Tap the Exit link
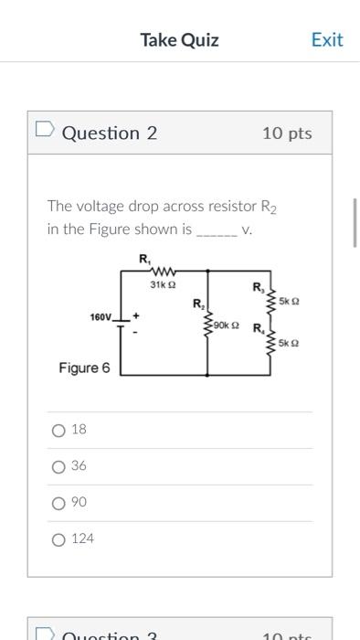coord(326,39)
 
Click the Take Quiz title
coord(179,39)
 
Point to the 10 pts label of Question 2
coord(286,133)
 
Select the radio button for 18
coord(59,430)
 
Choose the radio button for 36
coord(59,466)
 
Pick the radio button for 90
coord(59,503)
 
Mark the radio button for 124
coord(59,539)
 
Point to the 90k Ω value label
coord(226,325)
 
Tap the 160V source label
coord(101,317)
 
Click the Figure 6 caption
coord(84,368)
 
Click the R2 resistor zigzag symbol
coord(209,324)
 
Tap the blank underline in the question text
coord(217,231)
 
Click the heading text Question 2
coord(110,133)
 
